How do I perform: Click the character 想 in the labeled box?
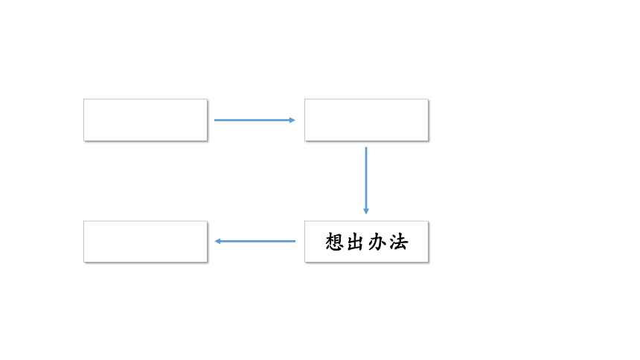(x=334, y=242)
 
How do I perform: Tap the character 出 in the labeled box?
(x=356, y=242)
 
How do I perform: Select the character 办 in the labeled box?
(x=377, y=242)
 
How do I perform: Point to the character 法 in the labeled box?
(x=399, y=242)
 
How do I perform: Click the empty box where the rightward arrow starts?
(x=145, y=120)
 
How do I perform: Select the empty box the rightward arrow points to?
(x=366, y=120)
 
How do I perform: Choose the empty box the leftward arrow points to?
(x=145, y=242)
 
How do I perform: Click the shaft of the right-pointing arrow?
(x=252, y=120)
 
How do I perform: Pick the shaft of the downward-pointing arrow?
(x=366, y=178)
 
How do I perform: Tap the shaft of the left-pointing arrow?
(x=258, y=241)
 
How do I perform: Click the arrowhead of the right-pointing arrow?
(x=292, y=120)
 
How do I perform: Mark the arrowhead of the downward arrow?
(x=366, y=211)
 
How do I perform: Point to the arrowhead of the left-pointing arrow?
(x=217, y=241)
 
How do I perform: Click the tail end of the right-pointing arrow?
(x=214, y=120)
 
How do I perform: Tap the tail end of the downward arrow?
(x=366, y=147)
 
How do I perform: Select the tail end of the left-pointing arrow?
(x=295, y=241)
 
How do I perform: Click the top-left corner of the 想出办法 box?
(x=304, y=221)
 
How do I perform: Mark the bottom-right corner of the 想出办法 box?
(x=428, y=262)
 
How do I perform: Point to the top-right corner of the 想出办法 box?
(x=428, y=221)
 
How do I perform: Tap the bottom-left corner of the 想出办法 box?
(x=304, y=262)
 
